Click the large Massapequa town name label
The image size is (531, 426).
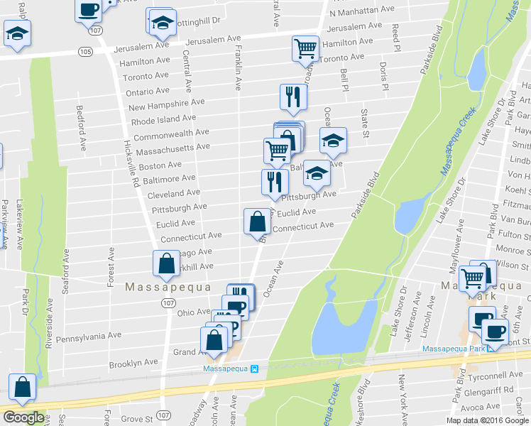(x=168, y=288)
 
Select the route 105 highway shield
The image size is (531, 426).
(x=85, y=52)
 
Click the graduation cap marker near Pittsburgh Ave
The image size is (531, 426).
(x=317, y=173)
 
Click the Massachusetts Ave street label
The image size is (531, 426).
(x=173, y=147)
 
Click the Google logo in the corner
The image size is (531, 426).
(x=23, y=417)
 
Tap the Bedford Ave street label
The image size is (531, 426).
(x=82, y=127)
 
